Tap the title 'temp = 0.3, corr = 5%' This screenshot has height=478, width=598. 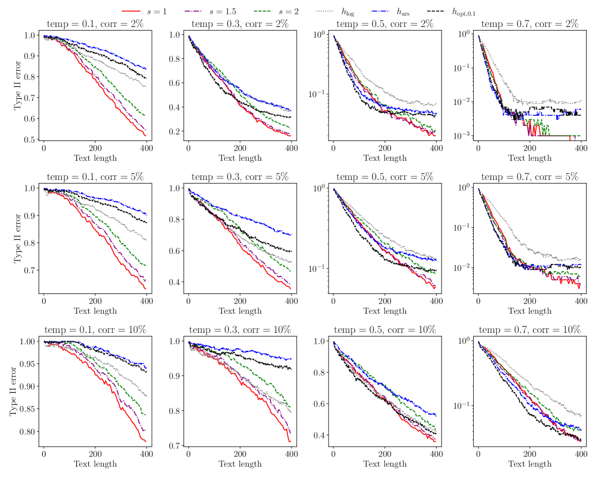point(239,177)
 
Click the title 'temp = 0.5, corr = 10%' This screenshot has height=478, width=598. point(384,330)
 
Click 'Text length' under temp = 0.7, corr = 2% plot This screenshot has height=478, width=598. point(530,158)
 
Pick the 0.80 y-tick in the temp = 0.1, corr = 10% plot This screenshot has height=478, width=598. point(29,432)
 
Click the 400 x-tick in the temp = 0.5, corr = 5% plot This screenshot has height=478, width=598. point(435,301)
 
